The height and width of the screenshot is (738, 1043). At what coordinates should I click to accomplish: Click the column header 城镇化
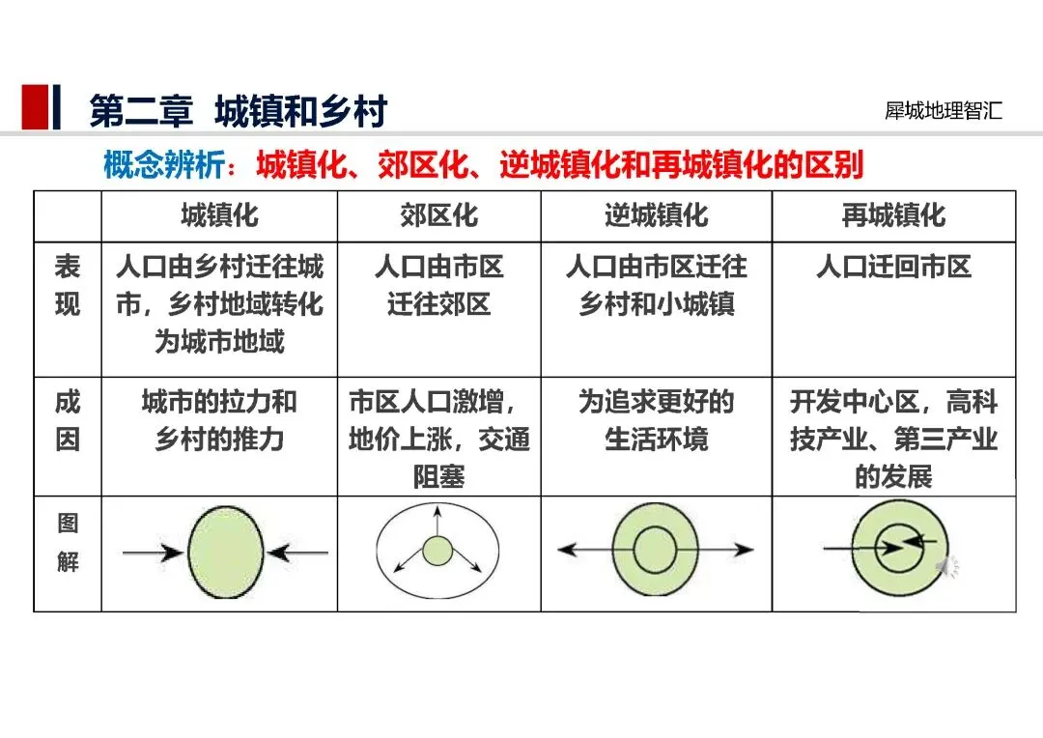[219, 214]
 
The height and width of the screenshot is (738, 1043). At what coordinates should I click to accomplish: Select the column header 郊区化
[438, 214]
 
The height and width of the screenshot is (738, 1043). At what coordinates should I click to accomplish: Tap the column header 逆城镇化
[656, 214]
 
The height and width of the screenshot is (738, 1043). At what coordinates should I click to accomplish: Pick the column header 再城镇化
[893, 214]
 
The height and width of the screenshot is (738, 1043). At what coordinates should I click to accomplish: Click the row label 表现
[67, 286]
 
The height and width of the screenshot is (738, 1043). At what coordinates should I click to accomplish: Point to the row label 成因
[67, 421]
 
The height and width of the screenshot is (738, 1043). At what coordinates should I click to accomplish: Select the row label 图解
[67, 543]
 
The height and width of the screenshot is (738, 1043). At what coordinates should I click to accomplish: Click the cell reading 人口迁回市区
[893, 267]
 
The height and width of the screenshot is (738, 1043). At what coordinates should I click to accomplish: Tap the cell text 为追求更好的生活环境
[656, 421]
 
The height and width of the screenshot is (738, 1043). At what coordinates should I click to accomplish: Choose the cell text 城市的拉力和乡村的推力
[219, 421]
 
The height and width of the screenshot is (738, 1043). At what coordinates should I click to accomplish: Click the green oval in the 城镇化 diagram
[226, 553]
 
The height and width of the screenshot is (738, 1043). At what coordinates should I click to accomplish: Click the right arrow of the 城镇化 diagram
[299, 553]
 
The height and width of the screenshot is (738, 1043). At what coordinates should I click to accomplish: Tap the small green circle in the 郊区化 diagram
[437, 552]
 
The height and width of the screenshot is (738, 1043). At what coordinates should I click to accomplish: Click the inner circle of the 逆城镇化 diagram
[654, 550]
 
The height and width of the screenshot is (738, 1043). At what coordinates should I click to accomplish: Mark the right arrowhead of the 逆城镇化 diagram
[745, 550]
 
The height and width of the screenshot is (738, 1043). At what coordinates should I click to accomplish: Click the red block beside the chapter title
[36, 107]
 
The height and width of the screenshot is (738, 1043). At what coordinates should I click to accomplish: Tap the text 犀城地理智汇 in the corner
[944, 110]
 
